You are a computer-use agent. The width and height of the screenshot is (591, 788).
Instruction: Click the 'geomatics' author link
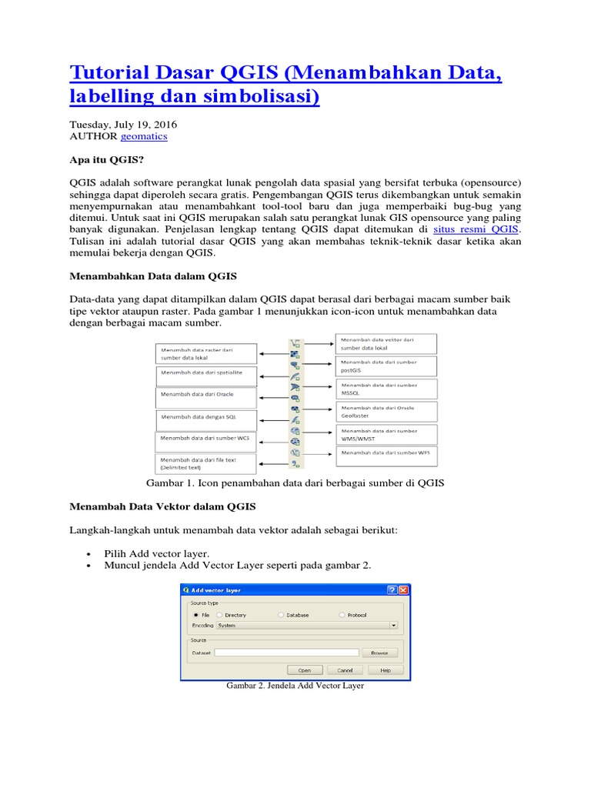[144, 136]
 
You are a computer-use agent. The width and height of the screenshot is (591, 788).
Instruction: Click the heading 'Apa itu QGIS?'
[107, 160]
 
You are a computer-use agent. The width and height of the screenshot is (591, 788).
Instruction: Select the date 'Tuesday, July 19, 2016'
[123, 124]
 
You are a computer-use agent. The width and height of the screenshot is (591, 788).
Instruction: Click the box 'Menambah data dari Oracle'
[205, 397]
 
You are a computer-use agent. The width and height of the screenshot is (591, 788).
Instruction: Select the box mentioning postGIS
[386, 366]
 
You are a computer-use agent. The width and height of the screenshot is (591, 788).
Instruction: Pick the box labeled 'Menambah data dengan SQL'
[205, 419]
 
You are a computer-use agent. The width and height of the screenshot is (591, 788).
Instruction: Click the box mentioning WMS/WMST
[386, 435]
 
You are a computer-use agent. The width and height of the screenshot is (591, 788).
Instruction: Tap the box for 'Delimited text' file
[205, 463]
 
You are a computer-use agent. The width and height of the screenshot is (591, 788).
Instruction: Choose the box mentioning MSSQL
[386, 389]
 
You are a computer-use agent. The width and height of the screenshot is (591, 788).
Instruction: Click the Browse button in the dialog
[379, 653]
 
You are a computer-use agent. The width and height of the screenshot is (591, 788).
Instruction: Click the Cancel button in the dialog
[345, 670]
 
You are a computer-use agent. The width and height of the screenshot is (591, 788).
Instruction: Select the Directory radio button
[220, 616]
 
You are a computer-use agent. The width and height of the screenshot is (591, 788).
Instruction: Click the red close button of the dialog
[402, 590]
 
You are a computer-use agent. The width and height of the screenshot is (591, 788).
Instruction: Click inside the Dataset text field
[286, 653]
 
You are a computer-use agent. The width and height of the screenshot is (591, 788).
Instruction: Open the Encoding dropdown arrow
[393, 626]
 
